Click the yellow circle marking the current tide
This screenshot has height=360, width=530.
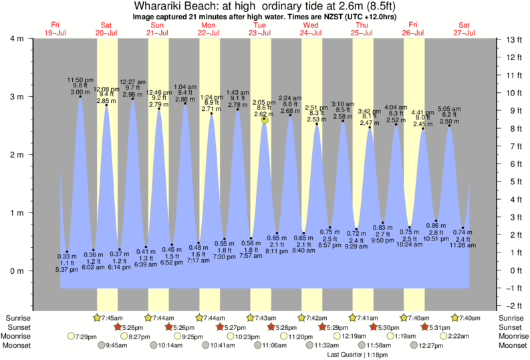265,120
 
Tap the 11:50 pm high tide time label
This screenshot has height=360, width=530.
81,80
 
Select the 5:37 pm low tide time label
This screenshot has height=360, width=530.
68,270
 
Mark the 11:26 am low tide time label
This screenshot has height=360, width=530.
462,246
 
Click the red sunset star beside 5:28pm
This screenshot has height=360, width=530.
271,327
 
